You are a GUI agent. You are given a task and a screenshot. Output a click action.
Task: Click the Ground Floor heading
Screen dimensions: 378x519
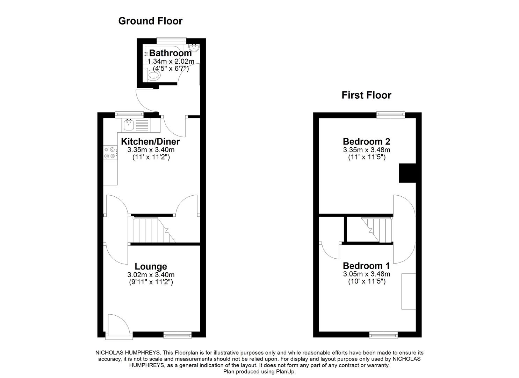pos(150,21)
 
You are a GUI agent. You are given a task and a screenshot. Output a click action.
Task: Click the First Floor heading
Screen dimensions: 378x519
pos(366,95)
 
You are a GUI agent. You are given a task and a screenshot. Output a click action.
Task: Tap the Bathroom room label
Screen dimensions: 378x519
pos(170,53)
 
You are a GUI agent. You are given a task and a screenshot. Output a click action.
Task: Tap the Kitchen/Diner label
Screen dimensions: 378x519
pos(150,142)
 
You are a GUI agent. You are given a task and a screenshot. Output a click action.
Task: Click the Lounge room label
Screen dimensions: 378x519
pos(151,267)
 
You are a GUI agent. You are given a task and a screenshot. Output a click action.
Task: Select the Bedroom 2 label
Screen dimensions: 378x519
pos(366,142)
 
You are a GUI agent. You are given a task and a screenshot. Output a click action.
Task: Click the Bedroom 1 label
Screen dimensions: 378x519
pos(366,266)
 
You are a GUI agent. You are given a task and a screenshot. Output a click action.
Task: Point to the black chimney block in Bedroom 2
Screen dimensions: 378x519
pos(407,173)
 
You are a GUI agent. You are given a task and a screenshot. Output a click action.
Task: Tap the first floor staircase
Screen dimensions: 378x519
pos(377,229)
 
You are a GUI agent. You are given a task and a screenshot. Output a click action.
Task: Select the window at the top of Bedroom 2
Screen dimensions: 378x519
pos(390,114)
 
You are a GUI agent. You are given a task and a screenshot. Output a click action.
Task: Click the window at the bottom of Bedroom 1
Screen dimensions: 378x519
pos(383,335)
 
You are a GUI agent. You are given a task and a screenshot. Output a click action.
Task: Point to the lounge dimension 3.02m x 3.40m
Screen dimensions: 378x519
pos(151,275)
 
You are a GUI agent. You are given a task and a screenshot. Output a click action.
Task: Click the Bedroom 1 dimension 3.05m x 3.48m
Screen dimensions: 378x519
pos(366,274)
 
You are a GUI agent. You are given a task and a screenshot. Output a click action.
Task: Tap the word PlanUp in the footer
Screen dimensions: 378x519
pos(285,372)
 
